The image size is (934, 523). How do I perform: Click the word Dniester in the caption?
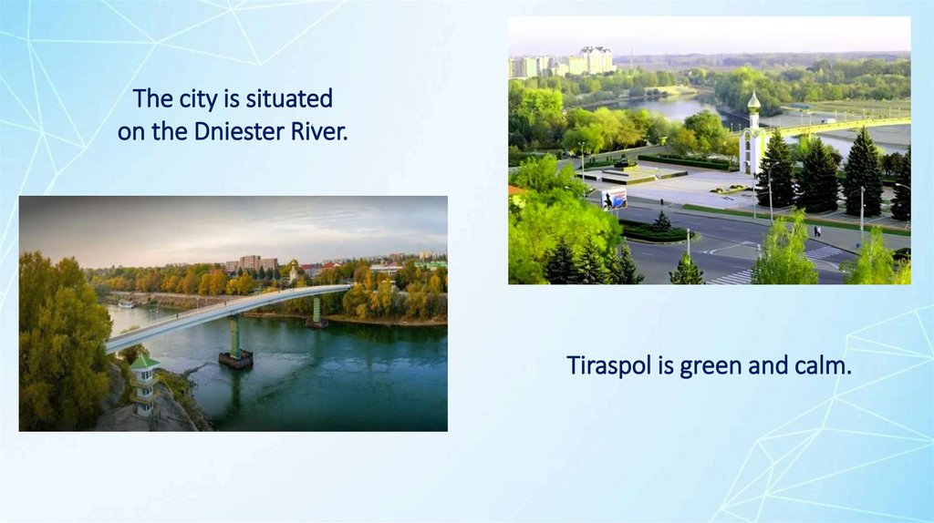point(240,131)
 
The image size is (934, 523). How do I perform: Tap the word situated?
point(289,98)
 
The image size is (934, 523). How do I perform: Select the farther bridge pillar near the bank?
point(317,312)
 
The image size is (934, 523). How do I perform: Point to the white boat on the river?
point(127,303)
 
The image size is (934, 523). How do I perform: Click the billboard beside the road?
point(616,200)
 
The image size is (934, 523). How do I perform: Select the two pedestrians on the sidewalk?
point(817,231)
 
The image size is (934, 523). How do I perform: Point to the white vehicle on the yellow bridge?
point(828,121)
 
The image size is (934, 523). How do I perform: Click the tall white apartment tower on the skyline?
point(597,59)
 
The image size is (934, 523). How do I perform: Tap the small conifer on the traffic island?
point(662,221)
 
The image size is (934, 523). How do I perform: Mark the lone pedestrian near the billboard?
point(661,201)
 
